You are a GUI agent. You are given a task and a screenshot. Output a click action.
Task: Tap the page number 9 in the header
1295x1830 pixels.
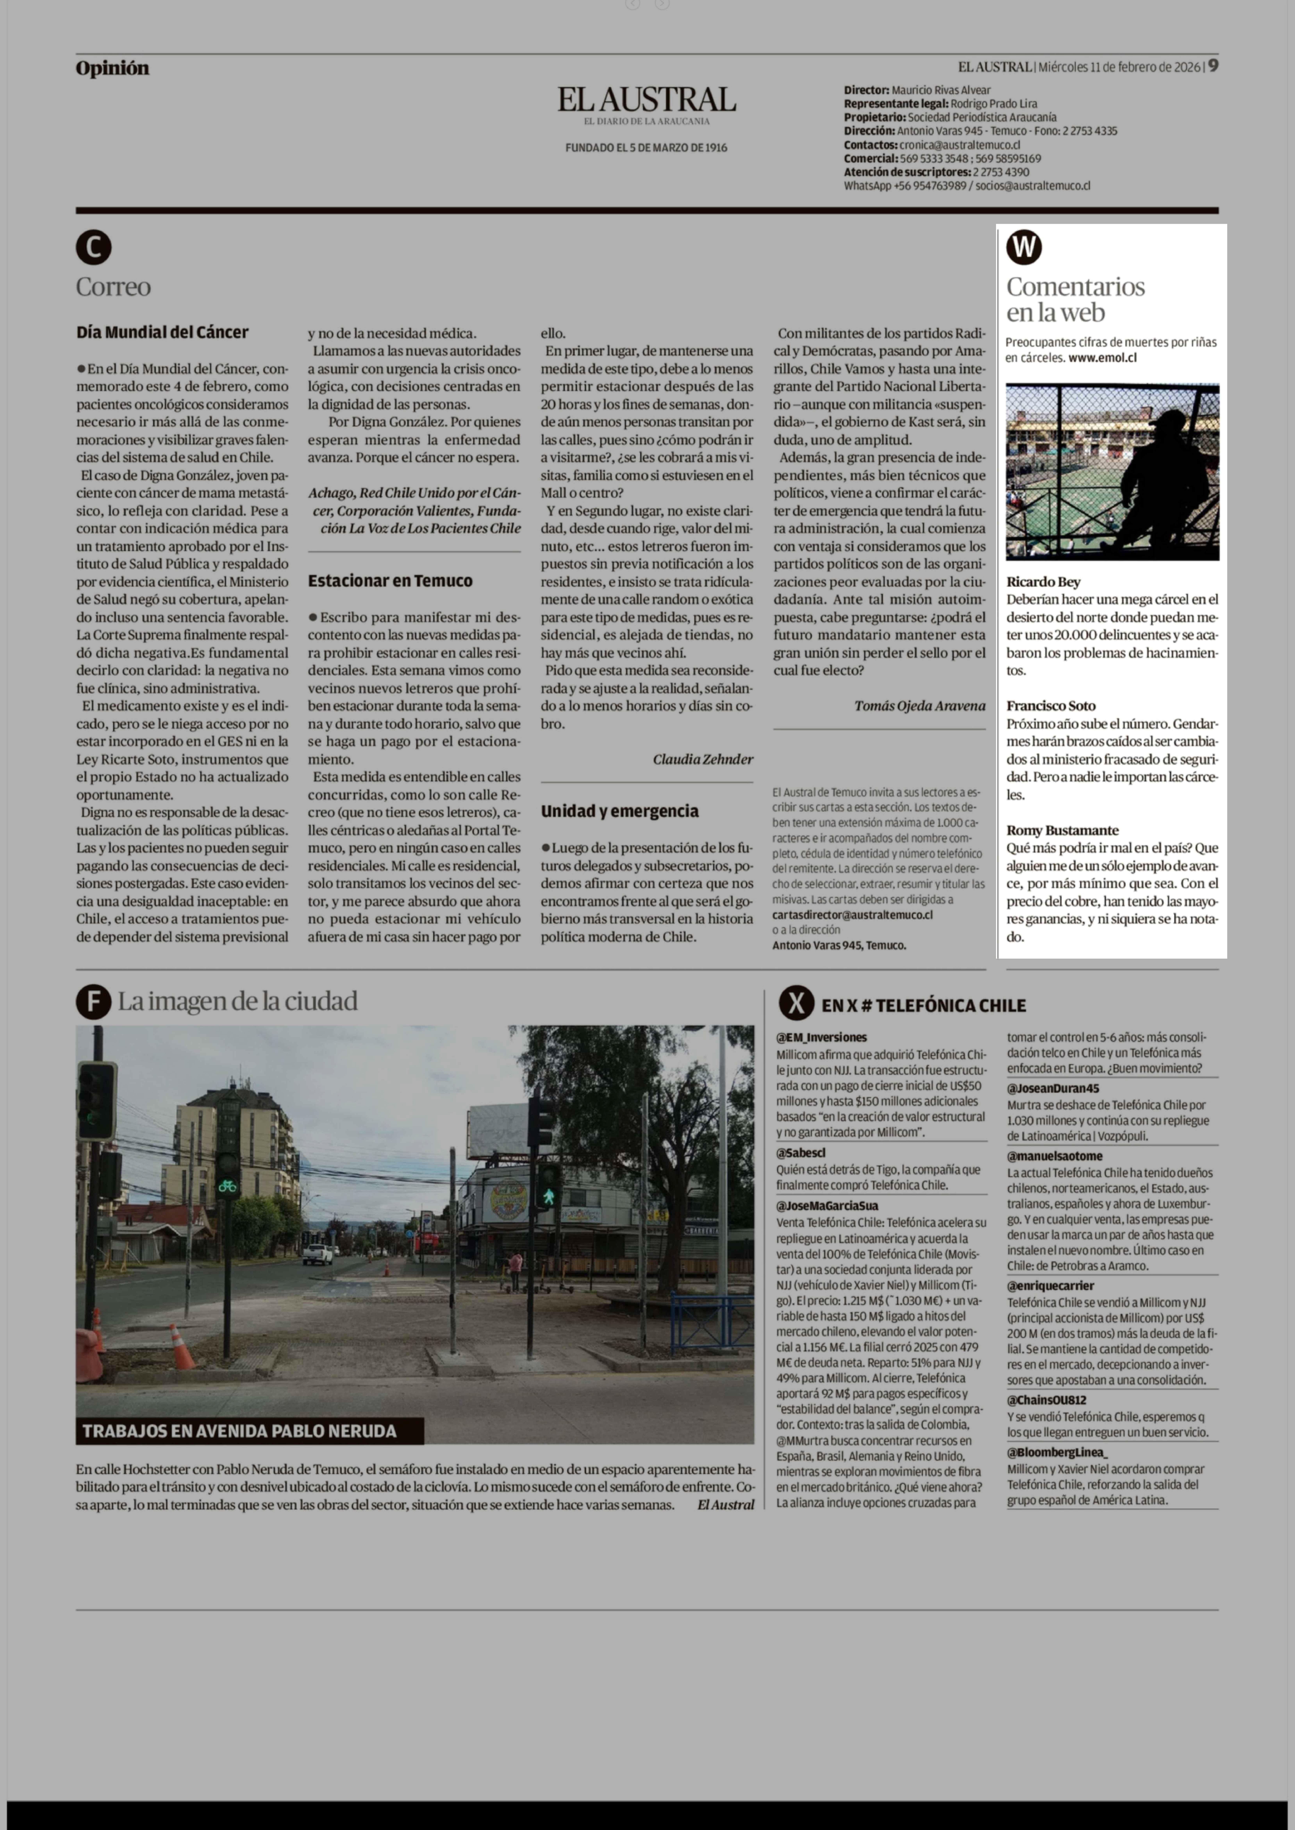click(x=1212, y=66)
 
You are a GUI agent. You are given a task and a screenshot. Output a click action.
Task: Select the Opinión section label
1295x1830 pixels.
click(x=112, y=69)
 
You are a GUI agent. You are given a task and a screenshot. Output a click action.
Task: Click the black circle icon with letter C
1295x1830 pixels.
click(x=93, y=248)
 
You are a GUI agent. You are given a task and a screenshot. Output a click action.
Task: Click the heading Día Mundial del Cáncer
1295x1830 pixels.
click(x=163, y=332)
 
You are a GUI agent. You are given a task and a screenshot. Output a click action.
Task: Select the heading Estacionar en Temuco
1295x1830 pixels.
click(x=390, y=581)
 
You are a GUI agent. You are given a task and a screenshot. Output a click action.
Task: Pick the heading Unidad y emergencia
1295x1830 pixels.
click(x=620, y=811)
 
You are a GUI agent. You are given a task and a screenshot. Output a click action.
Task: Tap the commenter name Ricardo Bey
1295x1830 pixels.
click(x=1043, y=582)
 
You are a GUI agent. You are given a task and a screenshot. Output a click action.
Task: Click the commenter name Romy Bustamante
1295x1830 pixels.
click(x=1062, y=831)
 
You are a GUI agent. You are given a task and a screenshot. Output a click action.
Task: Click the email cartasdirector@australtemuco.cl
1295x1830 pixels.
click(x=852, y=915)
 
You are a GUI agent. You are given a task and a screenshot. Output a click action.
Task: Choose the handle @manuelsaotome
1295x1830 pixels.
click(x=1054, y=1156)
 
